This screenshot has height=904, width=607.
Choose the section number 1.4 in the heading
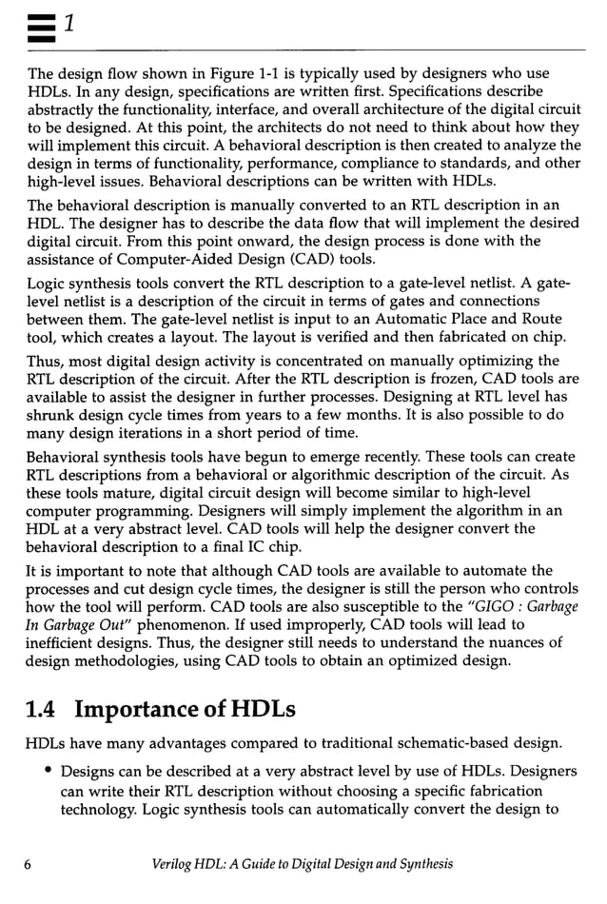tap(44, 709)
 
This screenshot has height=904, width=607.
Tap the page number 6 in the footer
tap(31, 863)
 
